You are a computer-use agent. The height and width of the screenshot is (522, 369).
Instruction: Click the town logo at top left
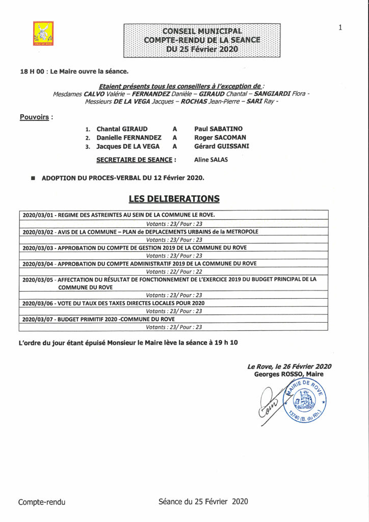pos(43,33)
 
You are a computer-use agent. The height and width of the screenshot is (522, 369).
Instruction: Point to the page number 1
pos(340,28)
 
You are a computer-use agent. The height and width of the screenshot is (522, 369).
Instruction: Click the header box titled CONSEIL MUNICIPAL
pos(202,40)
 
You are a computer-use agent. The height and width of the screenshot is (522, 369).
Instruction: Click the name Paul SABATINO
pos(219,129)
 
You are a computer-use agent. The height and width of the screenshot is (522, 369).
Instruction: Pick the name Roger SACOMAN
pos(220,138)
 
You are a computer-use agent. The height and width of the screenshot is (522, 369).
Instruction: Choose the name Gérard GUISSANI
pos(222,147)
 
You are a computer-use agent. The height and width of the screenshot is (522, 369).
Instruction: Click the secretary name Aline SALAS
pos(211,160)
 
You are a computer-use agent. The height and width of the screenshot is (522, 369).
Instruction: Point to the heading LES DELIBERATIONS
pos(174,198)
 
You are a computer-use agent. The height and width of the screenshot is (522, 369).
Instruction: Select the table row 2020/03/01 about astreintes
pos(119,215)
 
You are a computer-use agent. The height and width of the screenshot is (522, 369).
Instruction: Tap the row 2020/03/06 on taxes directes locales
pos(117,303)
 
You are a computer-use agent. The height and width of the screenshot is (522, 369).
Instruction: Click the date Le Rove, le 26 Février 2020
pos(289,367)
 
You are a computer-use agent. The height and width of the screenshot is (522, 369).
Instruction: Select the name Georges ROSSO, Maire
pos(288,374)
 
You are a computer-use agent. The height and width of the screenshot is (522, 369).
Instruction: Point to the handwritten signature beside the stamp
pos(270,405)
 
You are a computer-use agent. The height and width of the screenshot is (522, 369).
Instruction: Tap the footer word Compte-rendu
pos(42,502)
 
